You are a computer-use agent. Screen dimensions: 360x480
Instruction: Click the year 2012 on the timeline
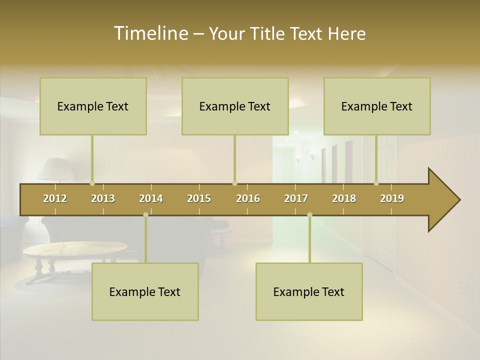pos(55,198)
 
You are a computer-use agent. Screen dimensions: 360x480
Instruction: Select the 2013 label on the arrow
pos(103,198)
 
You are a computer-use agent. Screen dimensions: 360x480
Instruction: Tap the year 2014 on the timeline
pos(151,198)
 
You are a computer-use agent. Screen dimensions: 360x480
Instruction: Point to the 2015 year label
pos(199,198)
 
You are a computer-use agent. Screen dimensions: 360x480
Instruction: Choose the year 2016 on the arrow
pos(248,198)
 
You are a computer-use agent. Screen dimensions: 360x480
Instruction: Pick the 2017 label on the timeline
pos(296,198)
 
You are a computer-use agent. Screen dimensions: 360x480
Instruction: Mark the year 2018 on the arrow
pos(344,198)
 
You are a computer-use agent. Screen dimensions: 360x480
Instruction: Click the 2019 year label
pos(392,198)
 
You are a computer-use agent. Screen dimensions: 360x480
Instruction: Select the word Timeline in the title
pos(150,33)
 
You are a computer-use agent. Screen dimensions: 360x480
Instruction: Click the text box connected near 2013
pos(93,106)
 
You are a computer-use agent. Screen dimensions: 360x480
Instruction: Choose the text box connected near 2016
pos(235,106)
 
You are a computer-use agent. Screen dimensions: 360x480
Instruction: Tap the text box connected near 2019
pos(377,106)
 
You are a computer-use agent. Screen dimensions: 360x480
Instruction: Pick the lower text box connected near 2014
pos(145,291)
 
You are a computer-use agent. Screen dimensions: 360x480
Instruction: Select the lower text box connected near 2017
pos(309,291)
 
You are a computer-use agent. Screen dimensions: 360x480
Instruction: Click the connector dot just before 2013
pos(92,183)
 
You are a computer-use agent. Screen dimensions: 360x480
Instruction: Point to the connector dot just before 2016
pos(234,183)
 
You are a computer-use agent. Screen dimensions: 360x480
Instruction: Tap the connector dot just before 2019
pos(376,183)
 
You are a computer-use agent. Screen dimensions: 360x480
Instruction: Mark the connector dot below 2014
pos(145,214)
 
